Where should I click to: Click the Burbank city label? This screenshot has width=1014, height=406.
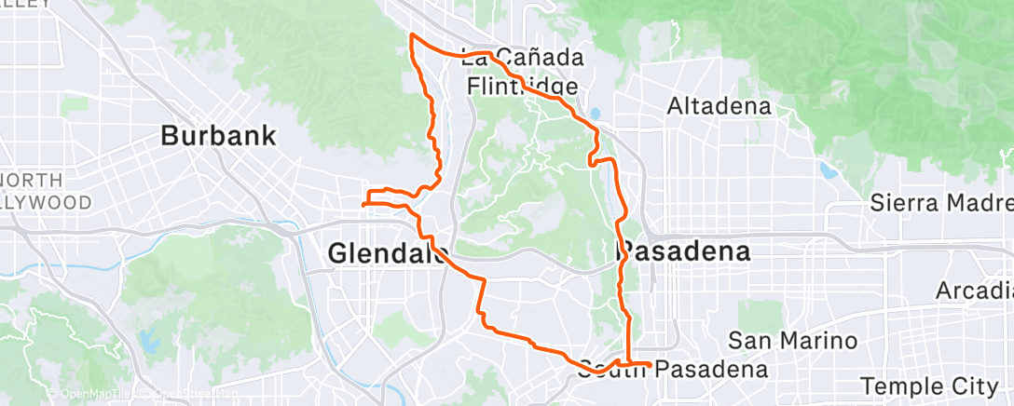click(x=218, y=136)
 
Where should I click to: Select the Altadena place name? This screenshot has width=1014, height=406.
click(x=719, y=106)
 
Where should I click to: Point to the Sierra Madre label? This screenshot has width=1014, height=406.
click(x=940, y=202)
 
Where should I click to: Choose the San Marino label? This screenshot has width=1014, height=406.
click(x=779, y=341)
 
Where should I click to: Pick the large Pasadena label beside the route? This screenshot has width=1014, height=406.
click(x=684, y=252)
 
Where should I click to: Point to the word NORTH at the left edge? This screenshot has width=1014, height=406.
click(x=32, y=180)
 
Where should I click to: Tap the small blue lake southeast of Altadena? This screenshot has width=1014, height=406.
click(x=826, y=170)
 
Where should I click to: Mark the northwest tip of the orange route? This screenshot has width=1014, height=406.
click(x=411, y=35)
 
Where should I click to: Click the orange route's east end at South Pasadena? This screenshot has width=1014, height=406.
click(x=649, y=363)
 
